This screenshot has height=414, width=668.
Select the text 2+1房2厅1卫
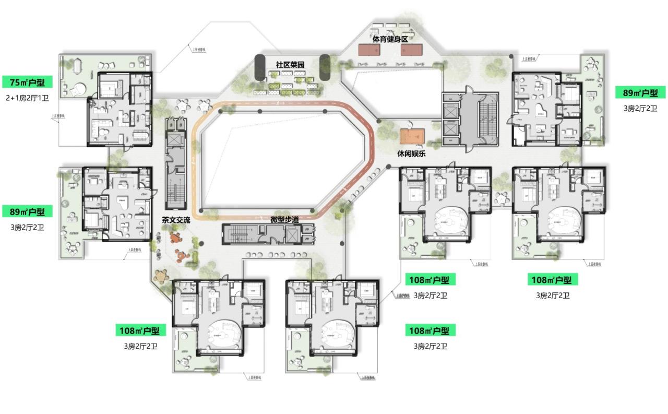coord(27,98)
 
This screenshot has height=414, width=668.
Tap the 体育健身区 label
coord(389,39)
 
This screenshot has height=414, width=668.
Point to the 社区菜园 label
coord(290,65)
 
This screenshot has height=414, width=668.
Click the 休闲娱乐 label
coord(411,153)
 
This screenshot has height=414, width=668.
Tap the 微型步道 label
coord(284,219)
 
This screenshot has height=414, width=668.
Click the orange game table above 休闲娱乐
coord(413,136)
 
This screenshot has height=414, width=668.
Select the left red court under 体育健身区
coord(368,50)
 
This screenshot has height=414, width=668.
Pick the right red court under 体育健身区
coord(411,50)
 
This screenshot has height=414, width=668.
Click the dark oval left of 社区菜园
coord(260,66)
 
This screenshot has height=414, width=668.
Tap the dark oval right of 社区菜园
coord(325,66)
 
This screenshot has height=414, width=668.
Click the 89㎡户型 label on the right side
coord(640,93)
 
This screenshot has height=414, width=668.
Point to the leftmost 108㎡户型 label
coord(139,330)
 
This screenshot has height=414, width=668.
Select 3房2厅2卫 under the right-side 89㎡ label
coord(640,109)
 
